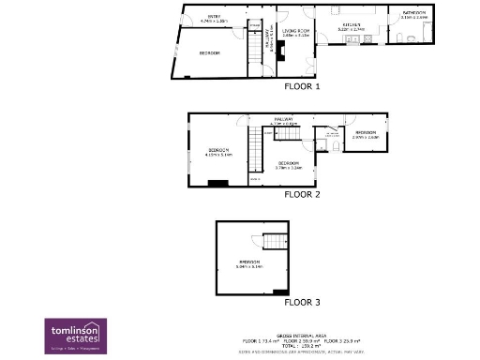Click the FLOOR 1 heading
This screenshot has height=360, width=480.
(303, 87)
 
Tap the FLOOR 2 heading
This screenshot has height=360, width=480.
(303, 195)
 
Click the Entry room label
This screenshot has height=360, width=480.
(214, 18)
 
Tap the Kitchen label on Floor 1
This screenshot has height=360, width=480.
(351, 26)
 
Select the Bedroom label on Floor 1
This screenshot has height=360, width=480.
(209, 53)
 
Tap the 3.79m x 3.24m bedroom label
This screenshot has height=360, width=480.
(289, 166)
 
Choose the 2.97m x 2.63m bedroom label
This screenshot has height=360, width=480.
(366, 136)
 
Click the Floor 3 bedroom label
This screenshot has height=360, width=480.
(250, 264)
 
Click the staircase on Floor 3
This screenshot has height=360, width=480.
(274, 242)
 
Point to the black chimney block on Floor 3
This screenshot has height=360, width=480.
(286, 291)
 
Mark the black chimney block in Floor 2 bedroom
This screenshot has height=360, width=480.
(218, 183)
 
